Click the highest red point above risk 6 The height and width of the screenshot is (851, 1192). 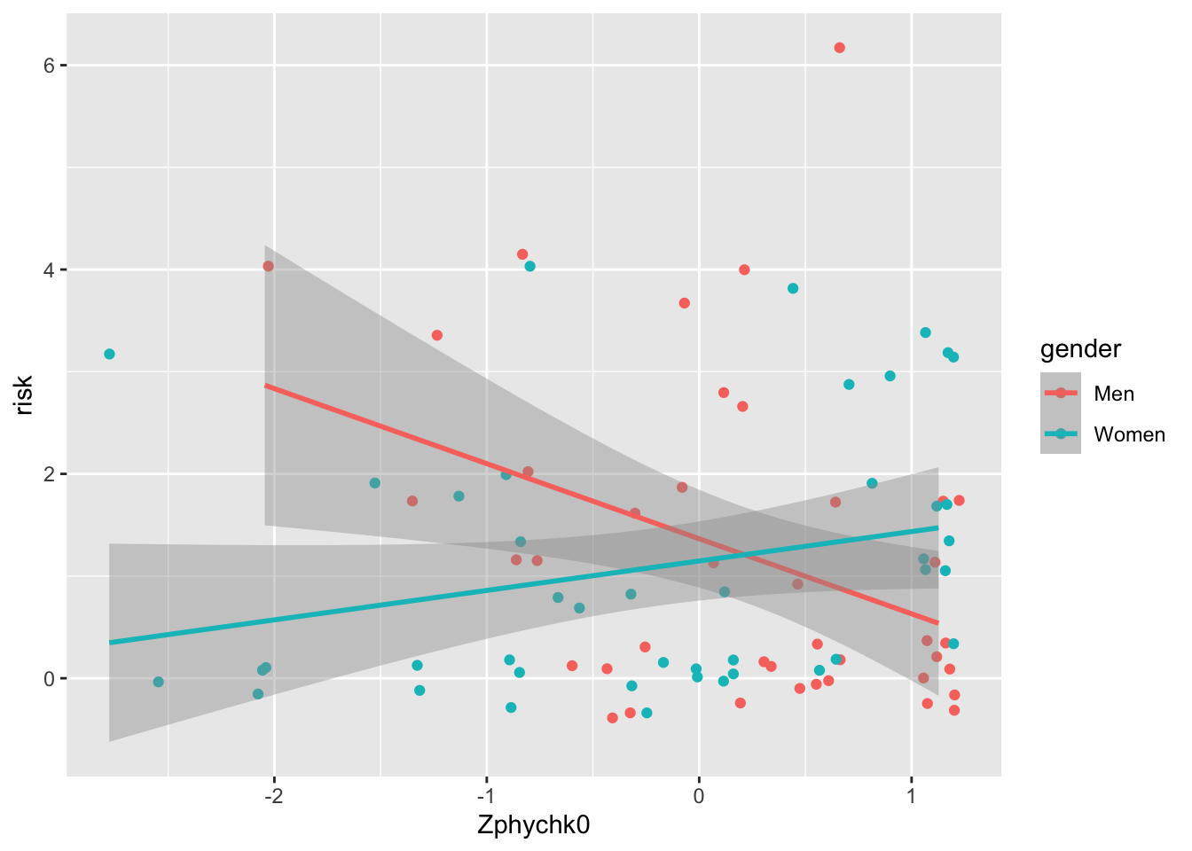[x=839, y=48]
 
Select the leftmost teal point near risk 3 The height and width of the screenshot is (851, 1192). [x=109, y=354]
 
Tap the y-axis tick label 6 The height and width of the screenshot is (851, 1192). [x=51, y=66]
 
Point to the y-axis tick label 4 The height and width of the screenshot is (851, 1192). [x=51, y=269]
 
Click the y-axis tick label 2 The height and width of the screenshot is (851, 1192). [x=51, y=473]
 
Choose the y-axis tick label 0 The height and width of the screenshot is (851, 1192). [x=51, y=678]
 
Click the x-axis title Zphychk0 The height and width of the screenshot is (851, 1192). [x=534, y=825]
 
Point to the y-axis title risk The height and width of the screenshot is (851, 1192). [x=24, y=395]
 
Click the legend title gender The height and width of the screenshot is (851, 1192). [x=1080, y=349]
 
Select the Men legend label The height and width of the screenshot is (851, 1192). [x=1114, y=394]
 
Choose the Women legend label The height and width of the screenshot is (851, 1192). [x=1129, y=434]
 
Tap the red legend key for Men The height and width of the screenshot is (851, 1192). [x=1061, y=394]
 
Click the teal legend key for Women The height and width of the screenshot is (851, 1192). [x=1061, y=434]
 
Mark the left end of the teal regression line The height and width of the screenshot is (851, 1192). [x=110, y=642]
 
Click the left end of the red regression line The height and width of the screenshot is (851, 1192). [x=265, y=386]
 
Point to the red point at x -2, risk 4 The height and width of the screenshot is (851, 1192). [x=268, y=266]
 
